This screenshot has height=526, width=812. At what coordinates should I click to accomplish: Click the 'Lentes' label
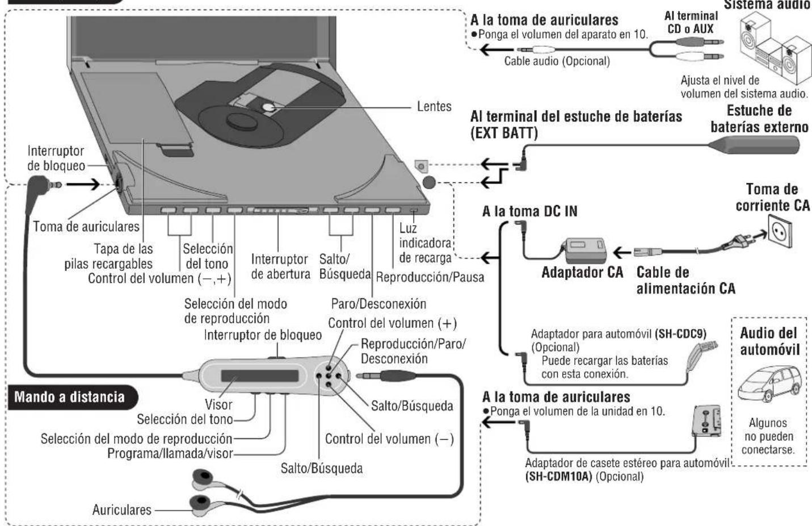tap(434, 106)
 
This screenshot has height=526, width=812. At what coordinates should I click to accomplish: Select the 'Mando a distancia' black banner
tap(69, 396)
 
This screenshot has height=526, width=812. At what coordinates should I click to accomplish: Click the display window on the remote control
tap(259, 376)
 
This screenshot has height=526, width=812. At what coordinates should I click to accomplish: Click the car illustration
tap(770, 384)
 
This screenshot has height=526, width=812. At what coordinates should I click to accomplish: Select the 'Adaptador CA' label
tap(582, 272)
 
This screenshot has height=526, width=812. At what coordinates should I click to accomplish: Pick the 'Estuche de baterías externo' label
tap(759, 118)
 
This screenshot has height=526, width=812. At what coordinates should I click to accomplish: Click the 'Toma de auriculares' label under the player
tap(86, 226)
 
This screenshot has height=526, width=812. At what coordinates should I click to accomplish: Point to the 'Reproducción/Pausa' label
tap(430, 278)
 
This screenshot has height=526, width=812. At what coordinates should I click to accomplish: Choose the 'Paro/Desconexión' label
tap(378, 303)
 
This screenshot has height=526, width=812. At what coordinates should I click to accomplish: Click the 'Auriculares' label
tap(121, 510)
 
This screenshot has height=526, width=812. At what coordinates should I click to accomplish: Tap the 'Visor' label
tap(218, 404)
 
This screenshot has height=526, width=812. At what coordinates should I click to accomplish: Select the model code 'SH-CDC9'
tap(680, 335)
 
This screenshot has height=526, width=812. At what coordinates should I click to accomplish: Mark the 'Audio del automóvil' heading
tap(768, 340)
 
